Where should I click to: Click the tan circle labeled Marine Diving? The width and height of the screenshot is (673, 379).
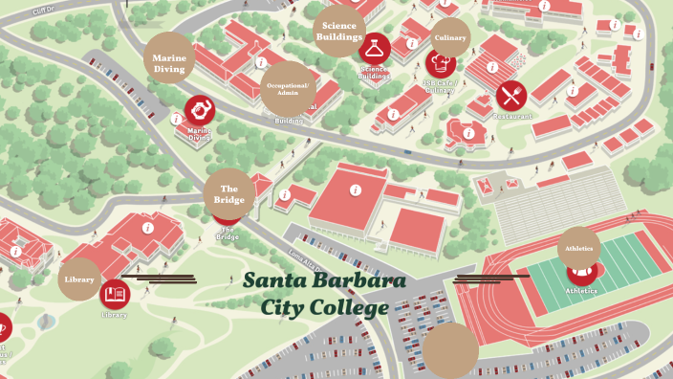click(x=170, y=62)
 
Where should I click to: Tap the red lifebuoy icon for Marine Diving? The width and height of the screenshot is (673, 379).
click(x=200, y=110)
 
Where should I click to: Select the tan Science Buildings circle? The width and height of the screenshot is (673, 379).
click(x=339, y=30)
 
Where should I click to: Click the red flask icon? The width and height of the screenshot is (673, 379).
click(x=375, y=49)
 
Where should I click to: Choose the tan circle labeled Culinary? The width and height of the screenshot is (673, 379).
click(x=450, y=37)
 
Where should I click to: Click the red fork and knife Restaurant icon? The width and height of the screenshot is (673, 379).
click(x=511, y=96)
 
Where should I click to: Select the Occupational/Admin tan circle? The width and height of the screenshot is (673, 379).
click(x=288, y=87)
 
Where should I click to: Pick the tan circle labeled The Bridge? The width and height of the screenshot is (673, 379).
click(x=229, y=194)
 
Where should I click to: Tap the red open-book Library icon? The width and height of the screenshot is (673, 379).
click(x=115, y=293)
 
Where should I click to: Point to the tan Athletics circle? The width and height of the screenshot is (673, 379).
click(x=579, y=248)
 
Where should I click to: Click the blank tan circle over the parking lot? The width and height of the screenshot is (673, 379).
click(x=450, y=349)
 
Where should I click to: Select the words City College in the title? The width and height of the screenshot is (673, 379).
click(x=325, y=308)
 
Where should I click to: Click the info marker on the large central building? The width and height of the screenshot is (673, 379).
click(x=355, y=189)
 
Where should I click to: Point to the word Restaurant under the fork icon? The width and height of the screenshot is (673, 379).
click(x=512, y=116)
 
